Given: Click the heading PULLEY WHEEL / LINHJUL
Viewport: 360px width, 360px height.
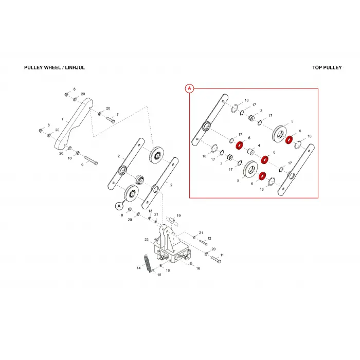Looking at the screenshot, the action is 55,67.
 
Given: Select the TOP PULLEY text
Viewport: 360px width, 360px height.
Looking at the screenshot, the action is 327,67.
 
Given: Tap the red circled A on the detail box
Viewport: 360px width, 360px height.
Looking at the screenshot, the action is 189,88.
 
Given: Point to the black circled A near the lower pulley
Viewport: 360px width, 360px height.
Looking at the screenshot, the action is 119,206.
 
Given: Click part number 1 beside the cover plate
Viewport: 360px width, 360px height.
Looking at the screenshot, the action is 62,119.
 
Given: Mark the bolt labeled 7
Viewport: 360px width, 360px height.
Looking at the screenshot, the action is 111,120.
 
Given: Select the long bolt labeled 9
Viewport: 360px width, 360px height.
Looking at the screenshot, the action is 91,160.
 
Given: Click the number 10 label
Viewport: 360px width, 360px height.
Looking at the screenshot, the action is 69,158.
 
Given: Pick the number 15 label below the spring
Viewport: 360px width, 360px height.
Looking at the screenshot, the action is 159,275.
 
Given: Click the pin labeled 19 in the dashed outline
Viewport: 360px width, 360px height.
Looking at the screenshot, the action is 172,220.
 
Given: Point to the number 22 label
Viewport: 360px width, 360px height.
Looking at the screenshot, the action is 147,240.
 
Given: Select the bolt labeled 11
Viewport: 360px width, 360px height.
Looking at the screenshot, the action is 216,259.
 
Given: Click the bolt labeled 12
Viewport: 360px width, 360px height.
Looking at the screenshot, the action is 203,242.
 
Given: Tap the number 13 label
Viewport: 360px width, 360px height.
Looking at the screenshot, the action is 150,211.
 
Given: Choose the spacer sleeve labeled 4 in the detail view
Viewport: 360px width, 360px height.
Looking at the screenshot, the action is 251,152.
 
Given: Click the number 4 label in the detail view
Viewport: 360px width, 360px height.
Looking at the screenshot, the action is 259,146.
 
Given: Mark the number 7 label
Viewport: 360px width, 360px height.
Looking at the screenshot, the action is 118,114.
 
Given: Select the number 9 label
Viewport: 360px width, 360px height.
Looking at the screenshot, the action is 82,165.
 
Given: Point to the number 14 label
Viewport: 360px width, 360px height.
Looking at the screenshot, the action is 138,268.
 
